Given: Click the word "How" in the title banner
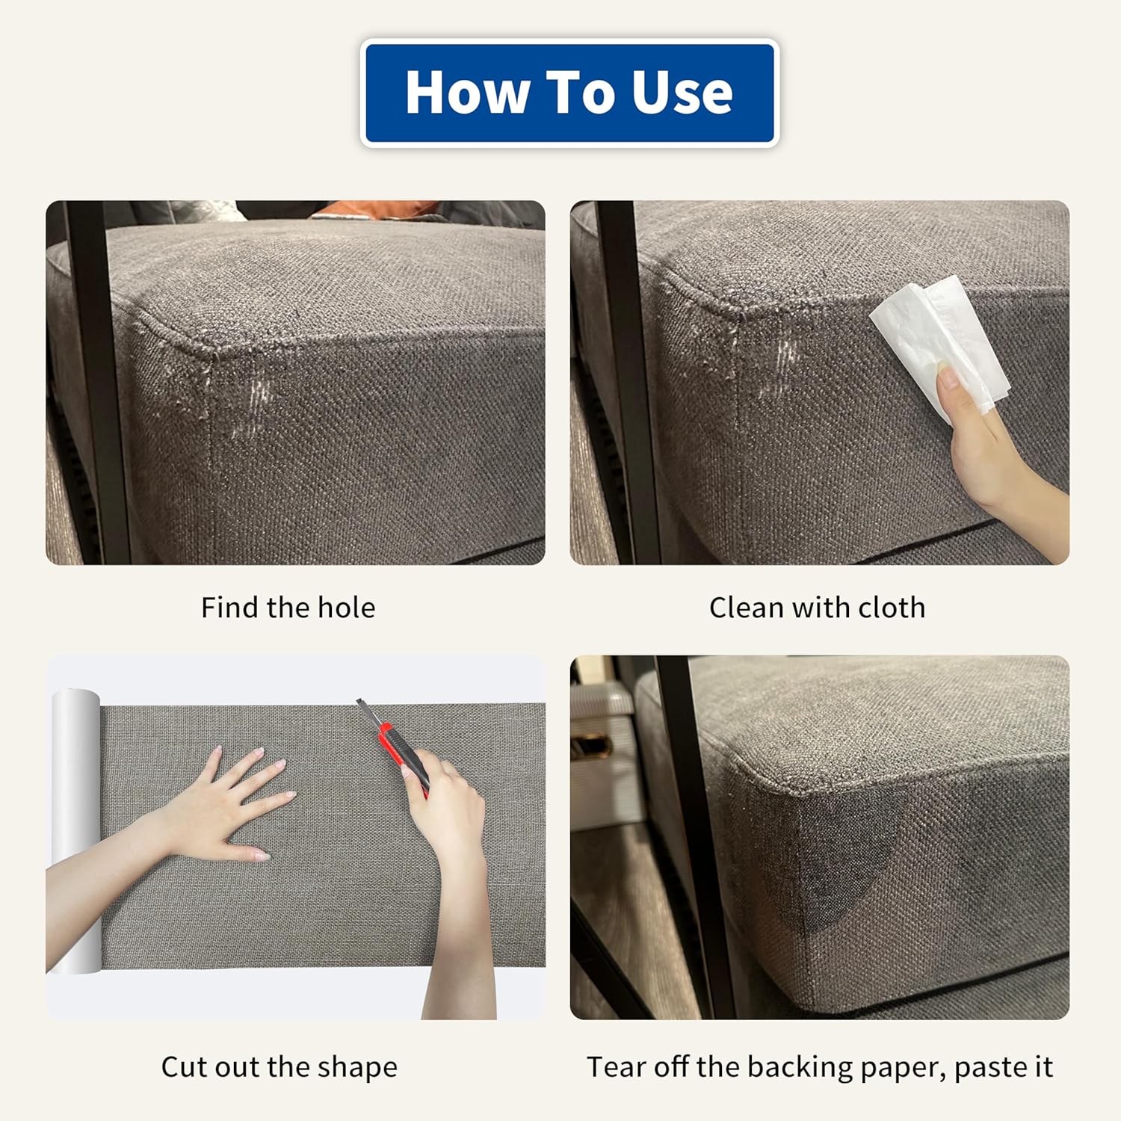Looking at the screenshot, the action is (467, 93).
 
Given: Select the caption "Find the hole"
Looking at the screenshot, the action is (288, 608).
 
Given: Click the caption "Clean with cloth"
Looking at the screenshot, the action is (818, 608).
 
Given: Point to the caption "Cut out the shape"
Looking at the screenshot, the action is (280, 1066).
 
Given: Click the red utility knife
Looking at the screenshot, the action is (395, 747).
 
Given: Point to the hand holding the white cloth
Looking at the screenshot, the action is (986, 441).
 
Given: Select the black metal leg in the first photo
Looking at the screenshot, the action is (97, 381).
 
